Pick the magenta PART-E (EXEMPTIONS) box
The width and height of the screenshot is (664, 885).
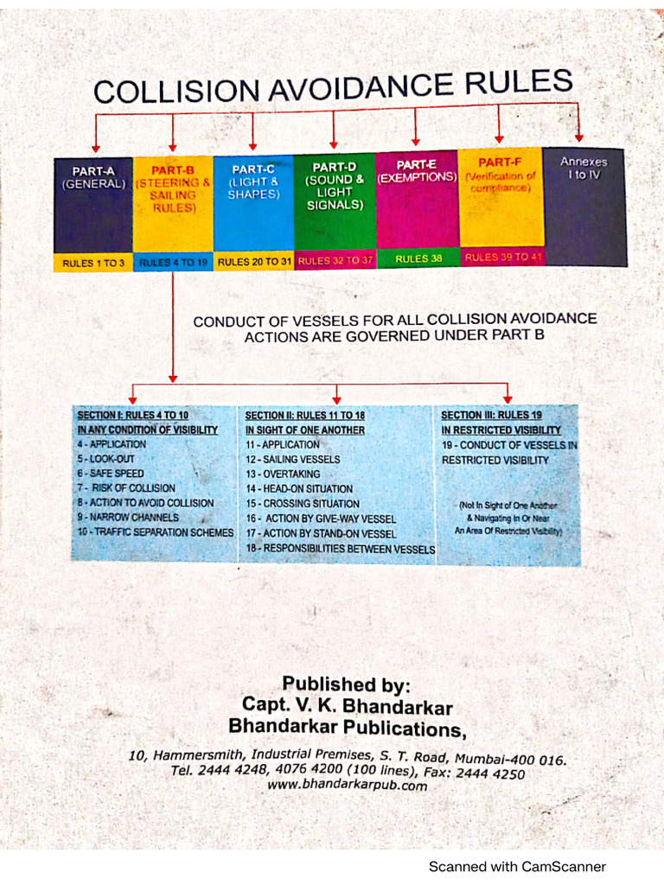tap(416, 199)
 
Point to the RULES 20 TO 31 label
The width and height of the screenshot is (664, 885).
tap(253, 261)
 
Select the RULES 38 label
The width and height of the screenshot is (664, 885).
tap(418, 258)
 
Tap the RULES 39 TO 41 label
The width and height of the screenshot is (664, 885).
tap(502, 257)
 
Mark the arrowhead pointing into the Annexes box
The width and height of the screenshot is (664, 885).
tap(579, 136)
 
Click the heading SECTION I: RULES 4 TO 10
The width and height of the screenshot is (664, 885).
tap(132, 415)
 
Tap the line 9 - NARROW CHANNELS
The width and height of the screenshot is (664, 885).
tap(128, 518)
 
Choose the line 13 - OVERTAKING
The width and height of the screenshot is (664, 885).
tap(283, 474)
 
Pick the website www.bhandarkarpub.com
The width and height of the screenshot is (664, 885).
tap(347, 785)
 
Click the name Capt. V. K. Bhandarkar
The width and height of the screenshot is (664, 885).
tap(348, 706)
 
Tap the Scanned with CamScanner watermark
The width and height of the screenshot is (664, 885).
tap(518, 866)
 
